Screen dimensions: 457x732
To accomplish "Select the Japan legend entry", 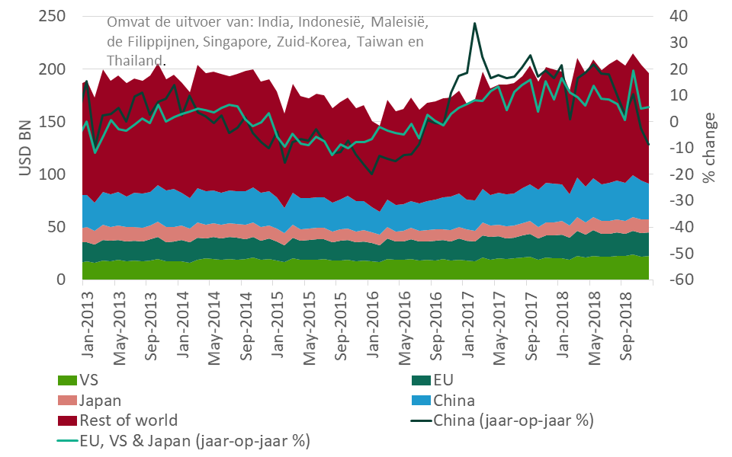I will (x=99, y=401).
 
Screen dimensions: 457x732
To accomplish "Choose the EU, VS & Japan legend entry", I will (x=194, y=440).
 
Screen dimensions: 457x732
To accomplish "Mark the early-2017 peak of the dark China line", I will (x=474, y=24).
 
